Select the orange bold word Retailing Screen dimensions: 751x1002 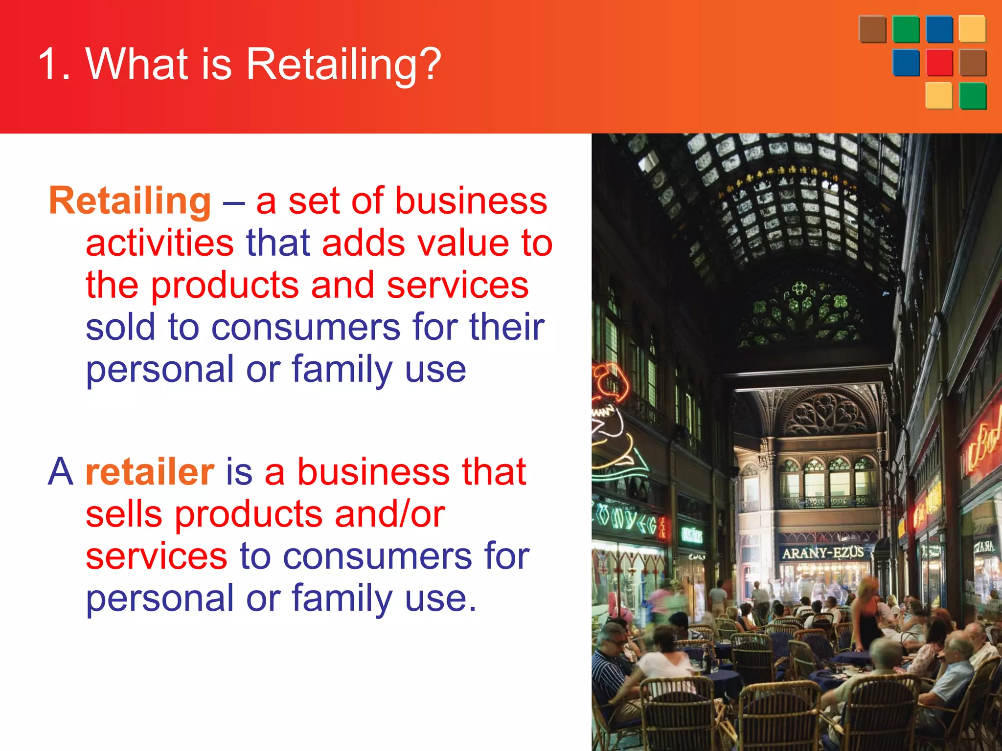(130, 201)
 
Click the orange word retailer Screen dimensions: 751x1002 (150, 472)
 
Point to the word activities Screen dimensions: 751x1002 (159, 243)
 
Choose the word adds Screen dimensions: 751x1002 (363, 243)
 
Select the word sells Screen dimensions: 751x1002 (124, 514)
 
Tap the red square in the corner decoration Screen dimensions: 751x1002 (939, 63)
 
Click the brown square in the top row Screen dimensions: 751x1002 (872, 29)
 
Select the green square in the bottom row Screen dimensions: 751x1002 (973, 96)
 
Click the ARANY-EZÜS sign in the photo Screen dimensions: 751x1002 (823, 553)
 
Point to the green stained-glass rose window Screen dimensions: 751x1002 (800, 313)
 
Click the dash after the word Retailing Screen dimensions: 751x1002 (233, 202)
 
